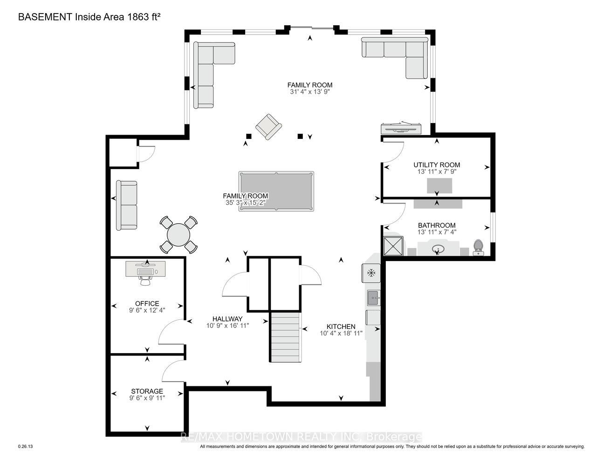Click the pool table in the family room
(276, 191)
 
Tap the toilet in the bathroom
(478, 247)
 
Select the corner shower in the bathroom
(393, 246)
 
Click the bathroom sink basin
(438, 249)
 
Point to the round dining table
(178, 235)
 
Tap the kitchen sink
(374, 298)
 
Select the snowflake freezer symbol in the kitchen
(371, 273)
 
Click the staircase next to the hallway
(286, 337)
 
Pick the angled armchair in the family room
(268, 127)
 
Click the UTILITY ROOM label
(437, 165)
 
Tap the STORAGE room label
(147, 391)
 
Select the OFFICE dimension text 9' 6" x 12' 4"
(147, 310)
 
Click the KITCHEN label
(341, 327)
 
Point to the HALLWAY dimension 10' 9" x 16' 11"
(227, 325)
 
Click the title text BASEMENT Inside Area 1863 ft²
(89, 17)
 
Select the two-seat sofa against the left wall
(127, 205)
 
